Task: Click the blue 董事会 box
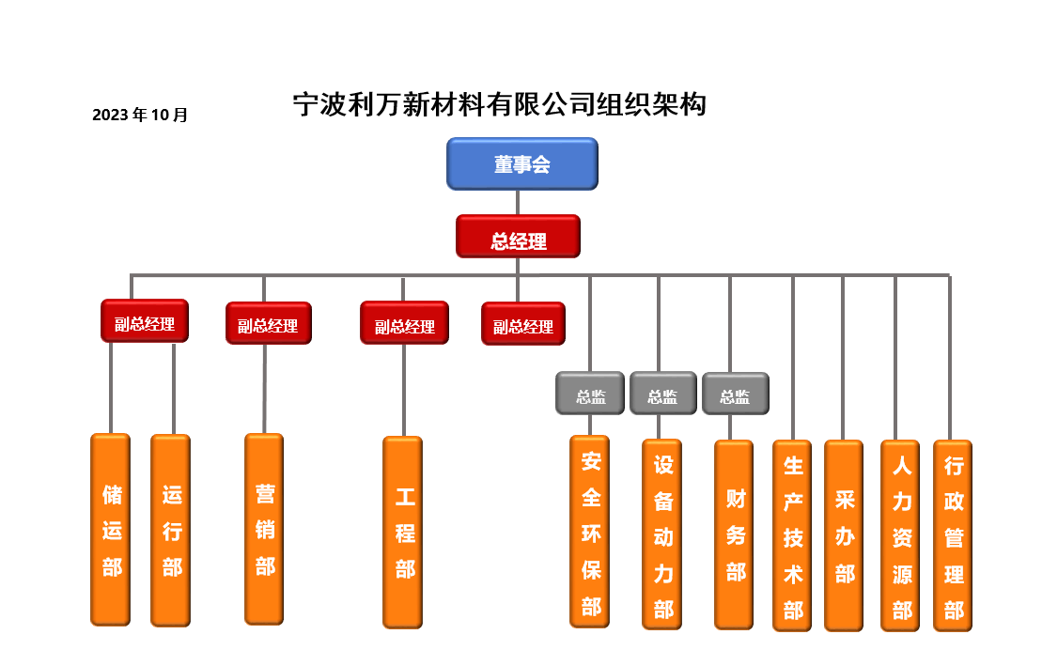521,164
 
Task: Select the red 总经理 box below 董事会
518,237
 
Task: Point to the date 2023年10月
140,116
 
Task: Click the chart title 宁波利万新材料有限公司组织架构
499,103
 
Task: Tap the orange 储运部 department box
111,530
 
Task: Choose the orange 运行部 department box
171,531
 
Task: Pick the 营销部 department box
264,529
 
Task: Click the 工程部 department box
403,532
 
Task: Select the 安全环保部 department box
590,532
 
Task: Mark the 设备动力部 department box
662,534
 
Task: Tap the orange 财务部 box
734,534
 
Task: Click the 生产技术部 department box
793,535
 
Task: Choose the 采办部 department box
844,535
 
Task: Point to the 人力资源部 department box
900,535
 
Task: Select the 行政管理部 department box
953,535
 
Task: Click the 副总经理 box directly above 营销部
268,324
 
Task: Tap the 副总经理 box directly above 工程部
404,324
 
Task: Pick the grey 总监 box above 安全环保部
590,394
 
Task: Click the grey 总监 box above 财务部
736,395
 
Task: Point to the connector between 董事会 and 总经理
518,202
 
